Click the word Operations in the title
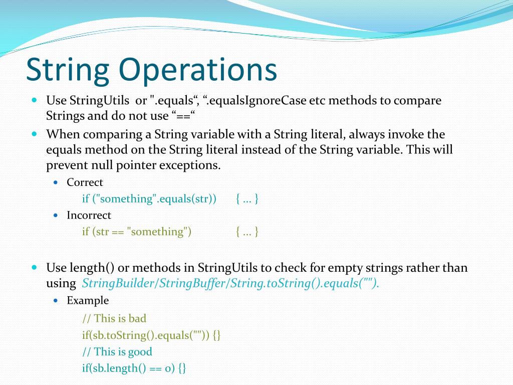[197, 70]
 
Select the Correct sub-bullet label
[85, 182]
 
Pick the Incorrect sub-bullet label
[89, 215]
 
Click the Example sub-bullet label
[88, 301]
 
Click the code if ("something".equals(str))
[149, 199]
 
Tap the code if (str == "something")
[137, 232]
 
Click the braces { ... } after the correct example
[247, 199]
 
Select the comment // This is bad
[114, 318]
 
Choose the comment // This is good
[117, 352]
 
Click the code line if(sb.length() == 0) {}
[134, 368]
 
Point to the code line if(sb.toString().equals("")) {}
[151, 335]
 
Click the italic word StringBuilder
[119, 283]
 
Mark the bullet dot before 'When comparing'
[35, 134]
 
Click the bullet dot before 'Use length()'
[35, 268]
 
